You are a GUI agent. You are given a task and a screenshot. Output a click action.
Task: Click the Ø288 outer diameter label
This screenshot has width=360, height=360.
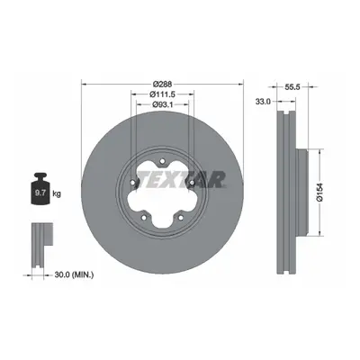pos(162,85)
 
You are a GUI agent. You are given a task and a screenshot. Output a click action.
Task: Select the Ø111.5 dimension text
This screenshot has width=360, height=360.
pos(162,94)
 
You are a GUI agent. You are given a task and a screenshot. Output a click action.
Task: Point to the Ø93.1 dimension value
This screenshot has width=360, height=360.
pos(162,104)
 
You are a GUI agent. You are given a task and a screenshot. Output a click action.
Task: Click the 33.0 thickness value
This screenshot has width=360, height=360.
pos(263,102)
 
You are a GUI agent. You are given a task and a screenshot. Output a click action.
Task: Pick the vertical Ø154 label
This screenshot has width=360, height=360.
pos(319,192)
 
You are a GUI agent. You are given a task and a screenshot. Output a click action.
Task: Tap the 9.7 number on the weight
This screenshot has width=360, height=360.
pos(40,193)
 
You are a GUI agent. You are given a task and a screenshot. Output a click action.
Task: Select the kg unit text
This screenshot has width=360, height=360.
pos(57,194)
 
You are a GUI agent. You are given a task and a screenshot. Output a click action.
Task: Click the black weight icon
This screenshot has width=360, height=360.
pos(40,189)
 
